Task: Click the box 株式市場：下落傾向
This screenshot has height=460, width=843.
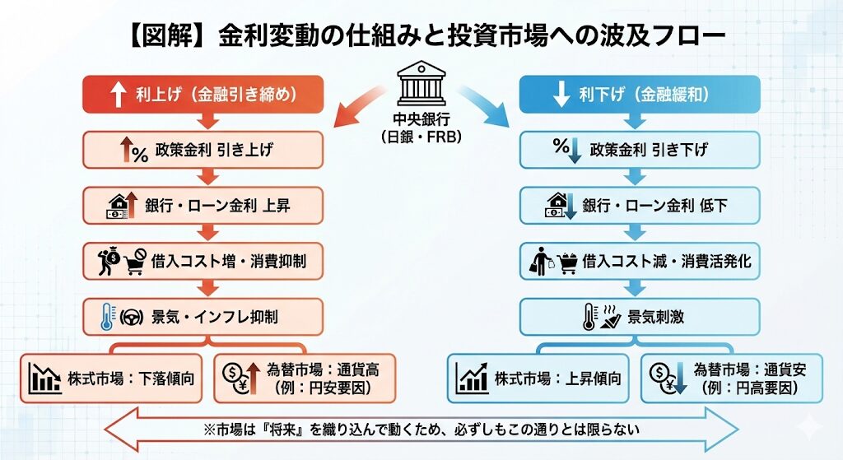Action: (x=111, y=379)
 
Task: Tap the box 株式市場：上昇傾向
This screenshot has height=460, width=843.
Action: (x=538, y=379)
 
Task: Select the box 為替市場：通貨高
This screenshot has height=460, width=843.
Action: (x=305, y=379)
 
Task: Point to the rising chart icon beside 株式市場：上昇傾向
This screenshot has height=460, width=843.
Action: (x=472, y=379)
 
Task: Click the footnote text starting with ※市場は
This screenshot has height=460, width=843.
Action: (x=421, y=429)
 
